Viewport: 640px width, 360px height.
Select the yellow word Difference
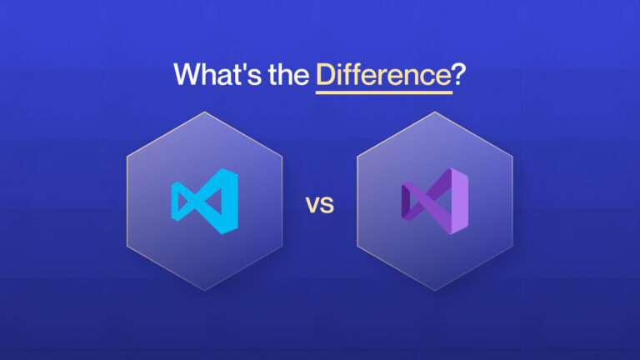click(383, 75)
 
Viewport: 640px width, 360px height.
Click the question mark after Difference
click(459, 75)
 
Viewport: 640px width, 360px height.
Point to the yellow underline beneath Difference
click(383, 92)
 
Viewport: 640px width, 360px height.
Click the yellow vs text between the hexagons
click(319, 204)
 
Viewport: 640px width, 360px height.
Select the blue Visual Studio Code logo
click(205, 201)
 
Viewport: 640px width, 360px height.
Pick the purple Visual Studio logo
click(436, 201)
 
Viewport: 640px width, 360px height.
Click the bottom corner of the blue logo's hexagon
click(204, 291)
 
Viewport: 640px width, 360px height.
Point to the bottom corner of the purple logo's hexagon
click(435, 291)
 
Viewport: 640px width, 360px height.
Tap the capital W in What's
click(187, 75)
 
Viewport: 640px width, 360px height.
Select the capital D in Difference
click(326, 75)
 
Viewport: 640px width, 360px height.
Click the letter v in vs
click(312, 205)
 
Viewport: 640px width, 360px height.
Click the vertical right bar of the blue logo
click(231, 201)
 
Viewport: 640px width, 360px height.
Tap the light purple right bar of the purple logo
click(462, 201)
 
